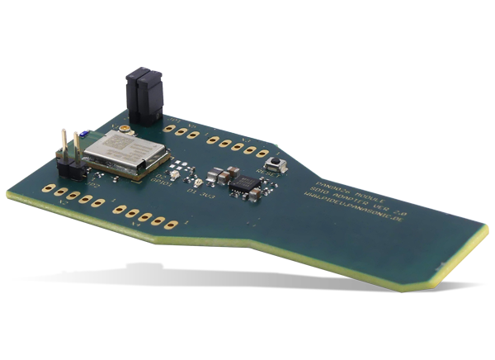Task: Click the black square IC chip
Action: click(x=243, y=186)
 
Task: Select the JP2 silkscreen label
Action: click(x=93, y=187)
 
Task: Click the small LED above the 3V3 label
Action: click(x=197, y=183)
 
